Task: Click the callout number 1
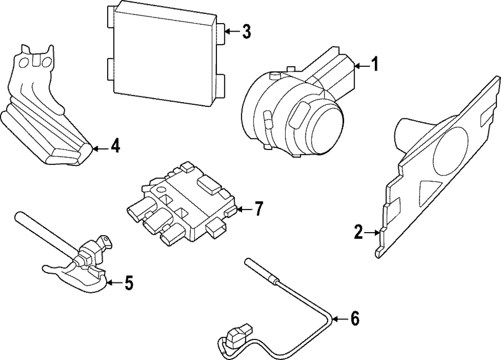(375, 65)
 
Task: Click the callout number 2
(358, 232)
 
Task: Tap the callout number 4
(115, 147)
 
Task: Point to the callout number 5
(129, 283)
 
